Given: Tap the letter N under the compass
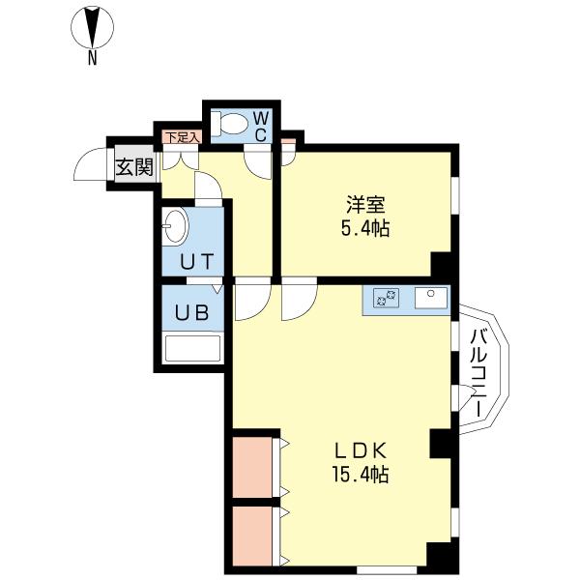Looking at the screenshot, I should [92, 59].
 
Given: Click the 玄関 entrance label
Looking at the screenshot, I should [134, 166].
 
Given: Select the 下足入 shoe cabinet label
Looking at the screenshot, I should [181, 137].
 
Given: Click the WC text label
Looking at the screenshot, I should [261, 126].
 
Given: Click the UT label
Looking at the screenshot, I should [192, 260].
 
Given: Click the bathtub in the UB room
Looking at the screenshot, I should [192, 347].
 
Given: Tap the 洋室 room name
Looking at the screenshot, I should [367, 205].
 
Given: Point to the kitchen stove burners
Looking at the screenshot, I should [389, 299].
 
